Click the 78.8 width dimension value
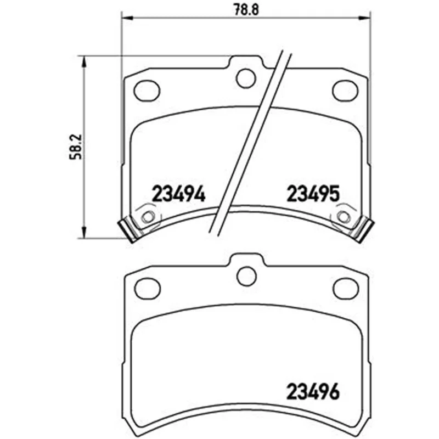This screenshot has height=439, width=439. coord(246,9)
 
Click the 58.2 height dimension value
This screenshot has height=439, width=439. coord(76,147)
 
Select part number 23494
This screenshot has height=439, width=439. coord(178,194)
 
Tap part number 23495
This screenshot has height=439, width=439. coord(313,194)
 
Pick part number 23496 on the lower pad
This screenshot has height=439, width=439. coord(313,391)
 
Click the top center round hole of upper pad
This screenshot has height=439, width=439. coord(246,78)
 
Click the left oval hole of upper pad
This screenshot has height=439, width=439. coord(147,91)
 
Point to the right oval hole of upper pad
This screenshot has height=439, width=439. coord(345,91)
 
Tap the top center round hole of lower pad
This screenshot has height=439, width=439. coord(246,276)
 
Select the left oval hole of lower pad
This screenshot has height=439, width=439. coord(148,289)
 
